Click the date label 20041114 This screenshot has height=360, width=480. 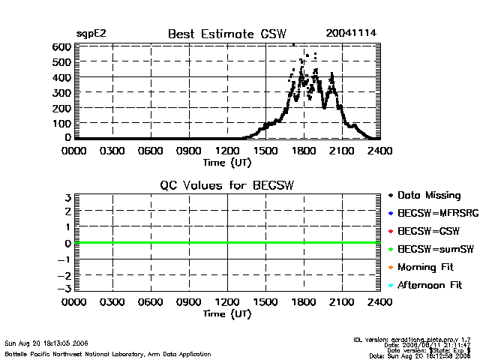click(351, 34)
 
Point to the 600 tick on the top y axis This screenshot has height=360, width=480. click(61, 46)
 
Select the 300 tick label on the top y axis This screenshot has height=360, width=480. click(61, 92)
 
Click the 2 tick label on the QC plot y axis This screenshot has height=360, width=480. click(67, 212)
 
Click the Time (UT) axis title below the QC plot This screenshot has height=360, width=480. click(226, 313)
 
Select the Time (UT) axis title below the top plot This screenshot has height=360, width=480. click(226, 161)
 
